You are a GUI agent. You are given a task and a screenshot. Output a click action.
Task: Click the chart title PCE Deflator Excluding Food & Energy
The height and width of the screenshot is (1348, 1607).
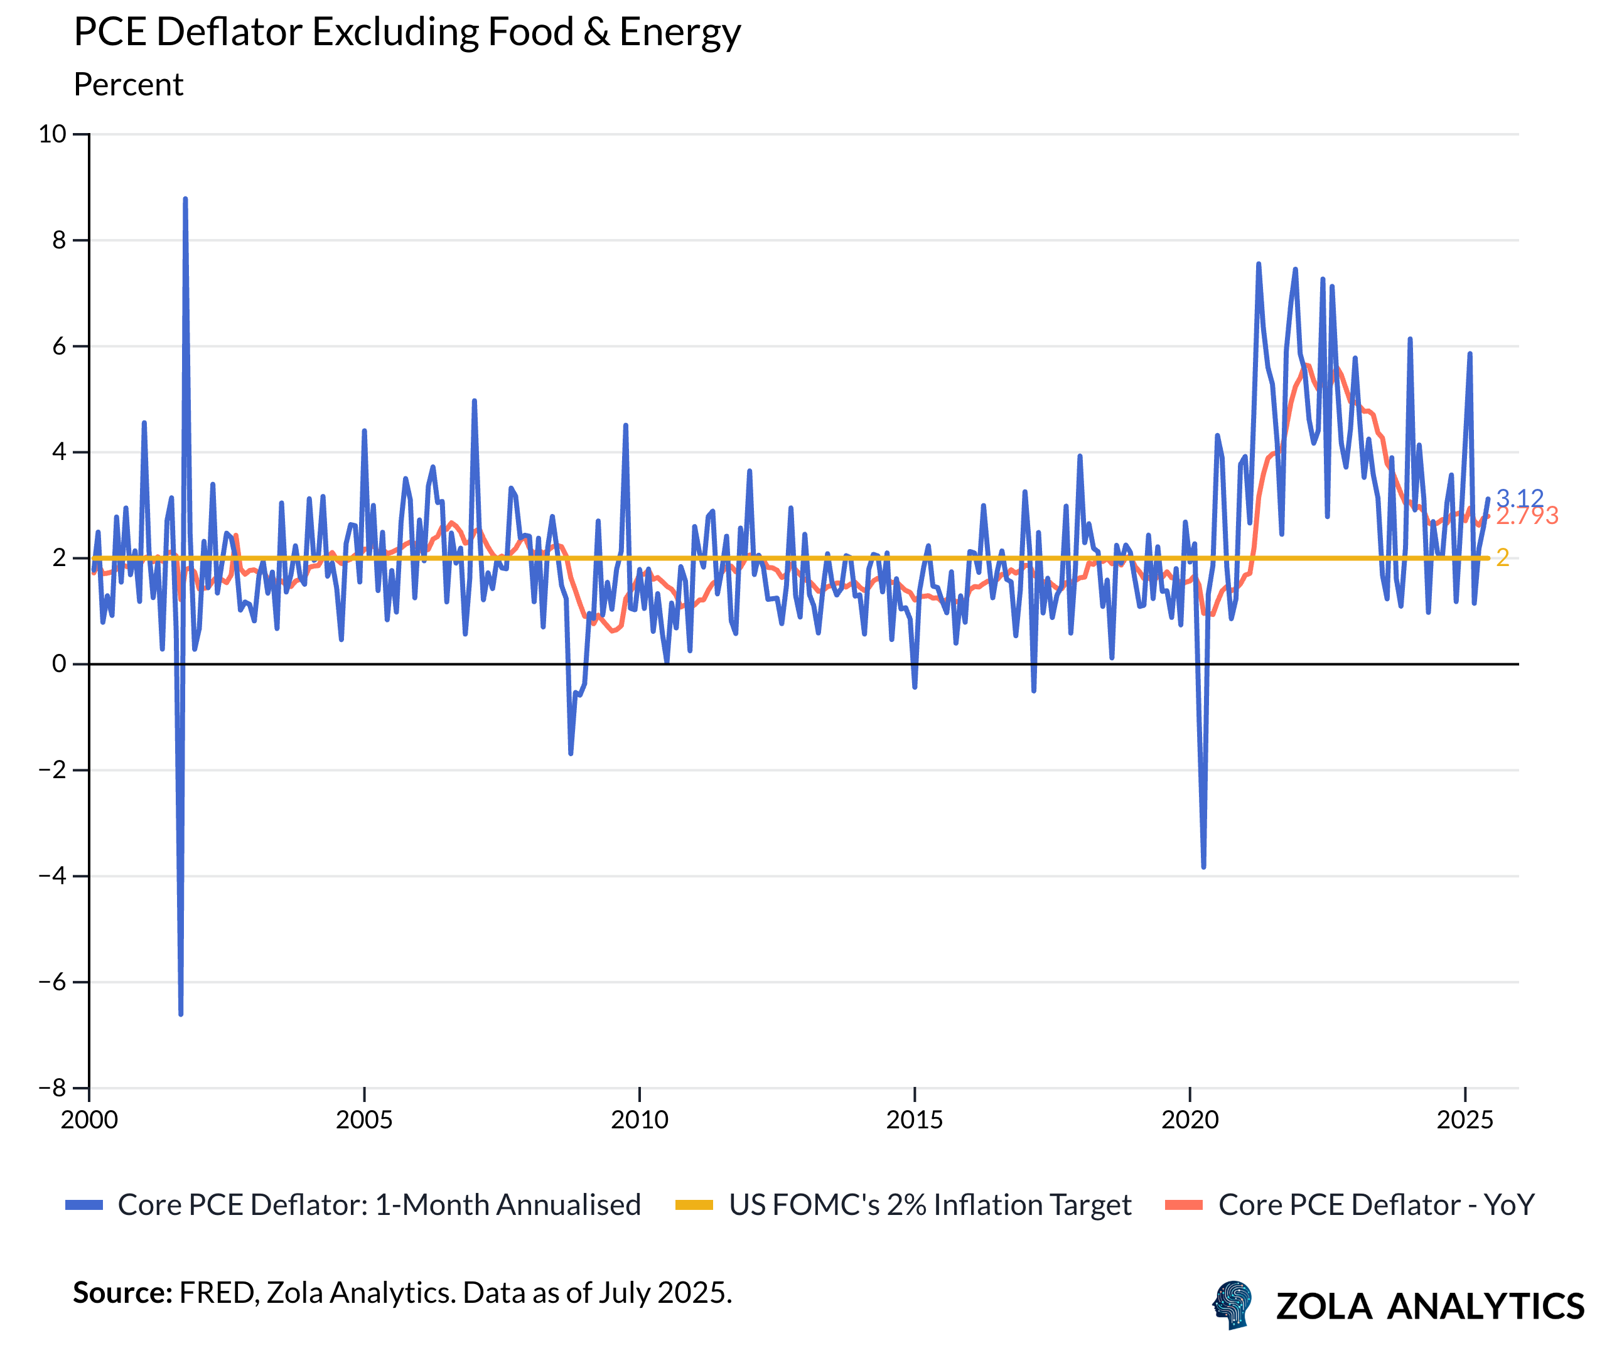(407, 32)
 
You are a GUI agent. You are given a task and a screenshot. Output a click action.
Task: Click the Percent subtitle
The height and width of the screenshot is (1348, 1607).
(129, 85)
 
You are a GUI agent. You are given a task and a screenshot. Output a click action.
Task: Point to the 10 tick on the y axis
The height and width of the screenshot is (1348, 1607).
(52, 135)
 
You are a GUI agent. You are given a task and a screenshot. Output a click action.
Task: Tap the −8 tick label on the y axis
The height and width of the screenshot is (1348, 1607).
(52, 1088)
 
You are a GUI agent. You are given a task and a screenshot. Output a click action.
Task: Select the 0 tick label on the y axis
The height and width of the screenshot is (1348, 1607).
(59, 664)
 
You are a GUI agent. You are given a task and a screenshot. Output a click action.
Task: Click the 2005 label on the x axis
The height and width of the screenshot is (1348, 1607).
(364, 1120)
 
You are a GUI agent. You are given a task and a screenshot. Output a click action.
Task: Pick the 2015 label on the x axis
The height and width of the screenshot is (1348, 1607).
(915, 1120)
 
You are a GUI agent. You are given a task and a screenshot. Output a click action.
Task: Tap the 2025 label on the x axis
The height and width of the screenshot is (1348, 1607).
(1465, 1120)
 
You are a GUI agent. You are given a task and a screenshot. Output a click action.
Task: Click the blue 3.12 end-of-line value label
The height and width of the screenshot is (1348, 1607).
(1520, 498)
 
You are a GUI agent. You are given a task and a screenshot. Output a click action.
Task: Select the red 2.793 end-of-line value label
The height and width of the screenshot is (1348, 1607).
(1527, 516)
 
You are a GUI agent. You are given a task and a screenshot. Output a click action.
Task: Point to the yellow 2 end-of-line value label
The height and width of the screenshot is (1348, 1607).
(1503, 558)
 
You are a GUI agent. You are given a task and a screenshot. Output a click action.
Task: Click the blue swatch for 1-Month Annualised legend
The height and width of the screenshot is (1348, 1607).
(84, 1206)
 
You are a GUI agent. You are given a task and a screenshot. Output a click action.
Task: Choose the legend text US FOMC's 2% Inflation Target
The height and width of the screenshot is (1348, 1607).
(930, 1206)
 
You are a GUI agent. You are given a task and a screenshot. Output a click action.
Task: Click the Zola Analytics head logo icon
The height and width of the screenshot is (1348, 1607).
(1232, 1305)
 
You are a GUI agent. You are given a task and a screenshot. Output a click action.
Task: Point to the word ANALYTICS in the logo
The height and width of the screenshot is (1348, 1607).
(1485, 1307)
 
